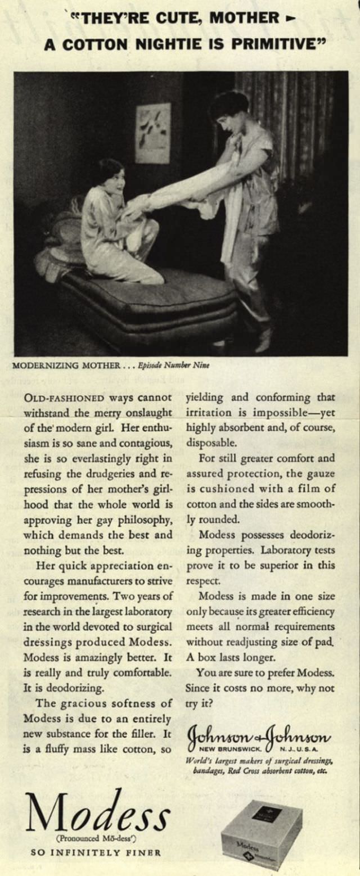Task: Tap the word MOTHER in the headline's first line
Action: pos(245,18)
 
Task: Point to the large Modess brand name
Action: pos(97,813)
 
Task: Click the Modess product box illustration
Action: pos(262,834)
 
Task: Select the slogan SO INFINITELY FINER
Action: pos(96,852)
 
